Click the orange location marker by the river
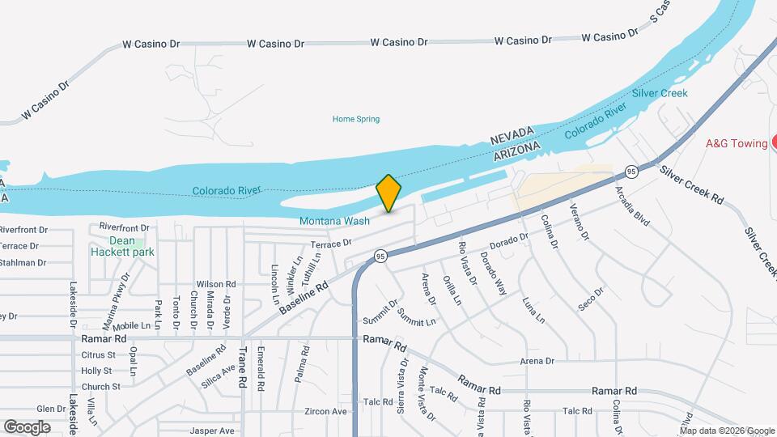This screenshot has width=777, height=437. coord(388,193)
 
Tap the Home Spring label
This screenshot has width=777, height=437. coord(356,119)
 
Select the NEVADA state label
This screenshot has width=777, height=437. coord(513,136)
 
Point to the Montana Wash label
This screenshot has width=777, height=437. coord(334,221)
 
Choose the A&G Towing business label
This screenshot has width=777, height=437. coord(737,143)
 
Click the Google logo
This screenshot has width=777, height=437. coord(27,427)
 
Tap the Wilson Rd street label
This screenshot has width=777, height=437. coord(215,284)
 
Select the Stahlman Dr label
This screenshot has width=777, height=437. coord(23,262)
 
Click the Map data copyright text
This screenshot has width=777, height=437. coord(726,431)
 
